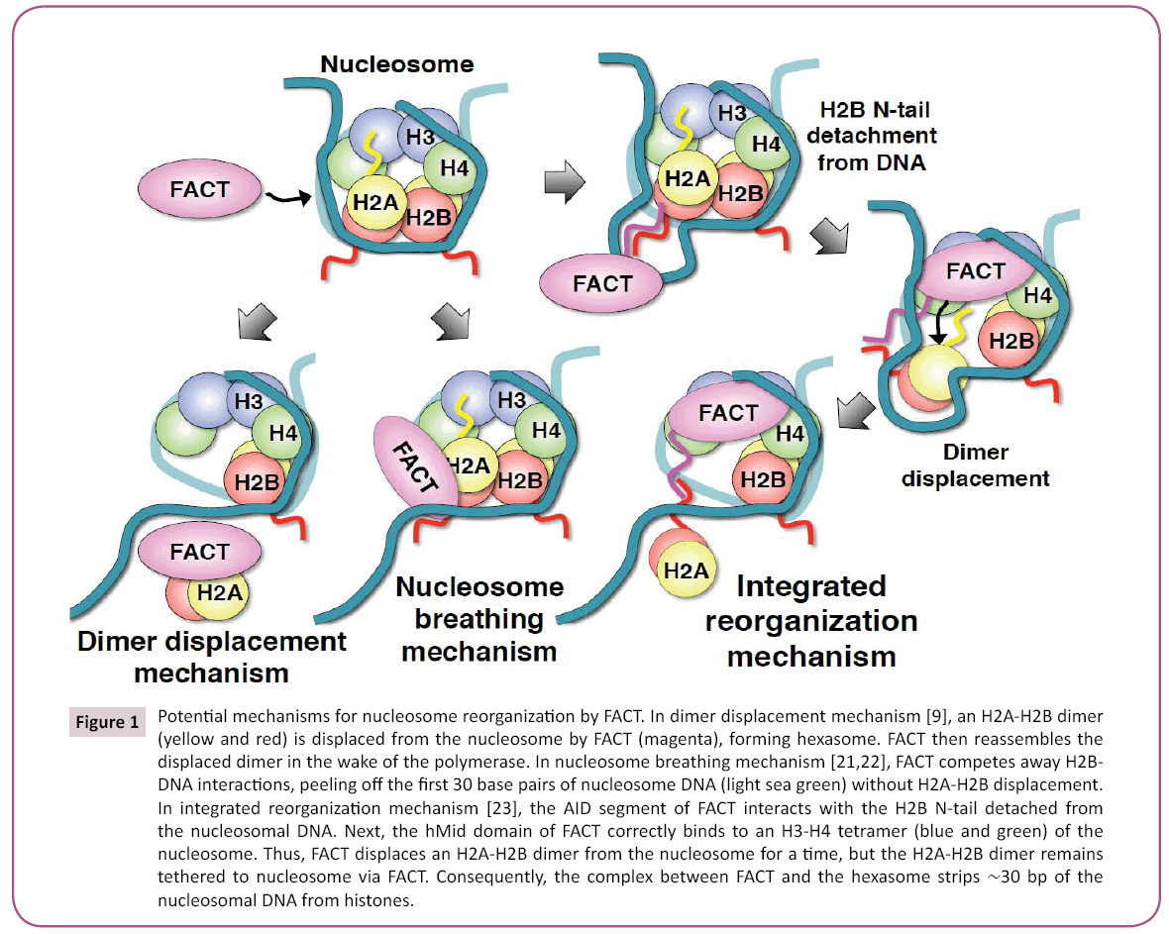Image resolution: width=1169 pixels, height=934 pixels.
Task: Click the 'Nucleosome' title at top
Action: pos(396,65)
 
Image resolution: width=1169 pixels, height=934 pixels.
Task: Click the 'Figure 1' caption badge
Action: pos(107,722)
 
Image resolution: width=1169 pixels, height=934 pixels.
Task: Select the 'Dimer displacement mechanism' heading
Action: pos(212,657)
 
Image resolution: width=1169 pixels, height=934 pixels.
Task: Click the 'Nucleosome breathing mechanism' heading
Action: pos(479,619)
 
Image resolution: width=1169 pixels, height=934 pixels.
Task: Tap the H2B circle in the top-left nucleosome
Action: pos(430,218)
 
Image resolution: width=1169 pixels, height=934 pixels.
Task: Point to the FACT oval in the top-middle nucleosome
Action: pos(601,283)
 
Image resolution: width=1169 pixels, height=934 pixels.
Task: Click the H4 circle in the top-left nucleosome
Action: pos(452,169)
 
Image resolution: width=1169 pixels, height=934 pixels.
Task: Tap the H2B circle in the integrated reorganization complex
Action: pos(761,479)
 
